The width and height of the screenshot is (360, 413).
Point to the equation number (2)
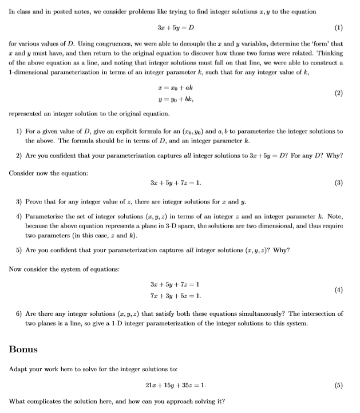pos(338,91)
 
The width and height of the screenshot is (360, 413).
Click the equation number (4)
pos(338,291)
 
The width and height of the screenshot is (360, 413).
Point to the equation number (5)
pos(338,384)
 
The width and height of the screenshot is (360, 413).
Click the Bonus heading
pos(24,348)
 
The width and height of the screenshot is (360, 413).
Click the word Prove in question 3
pos(33,201)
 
